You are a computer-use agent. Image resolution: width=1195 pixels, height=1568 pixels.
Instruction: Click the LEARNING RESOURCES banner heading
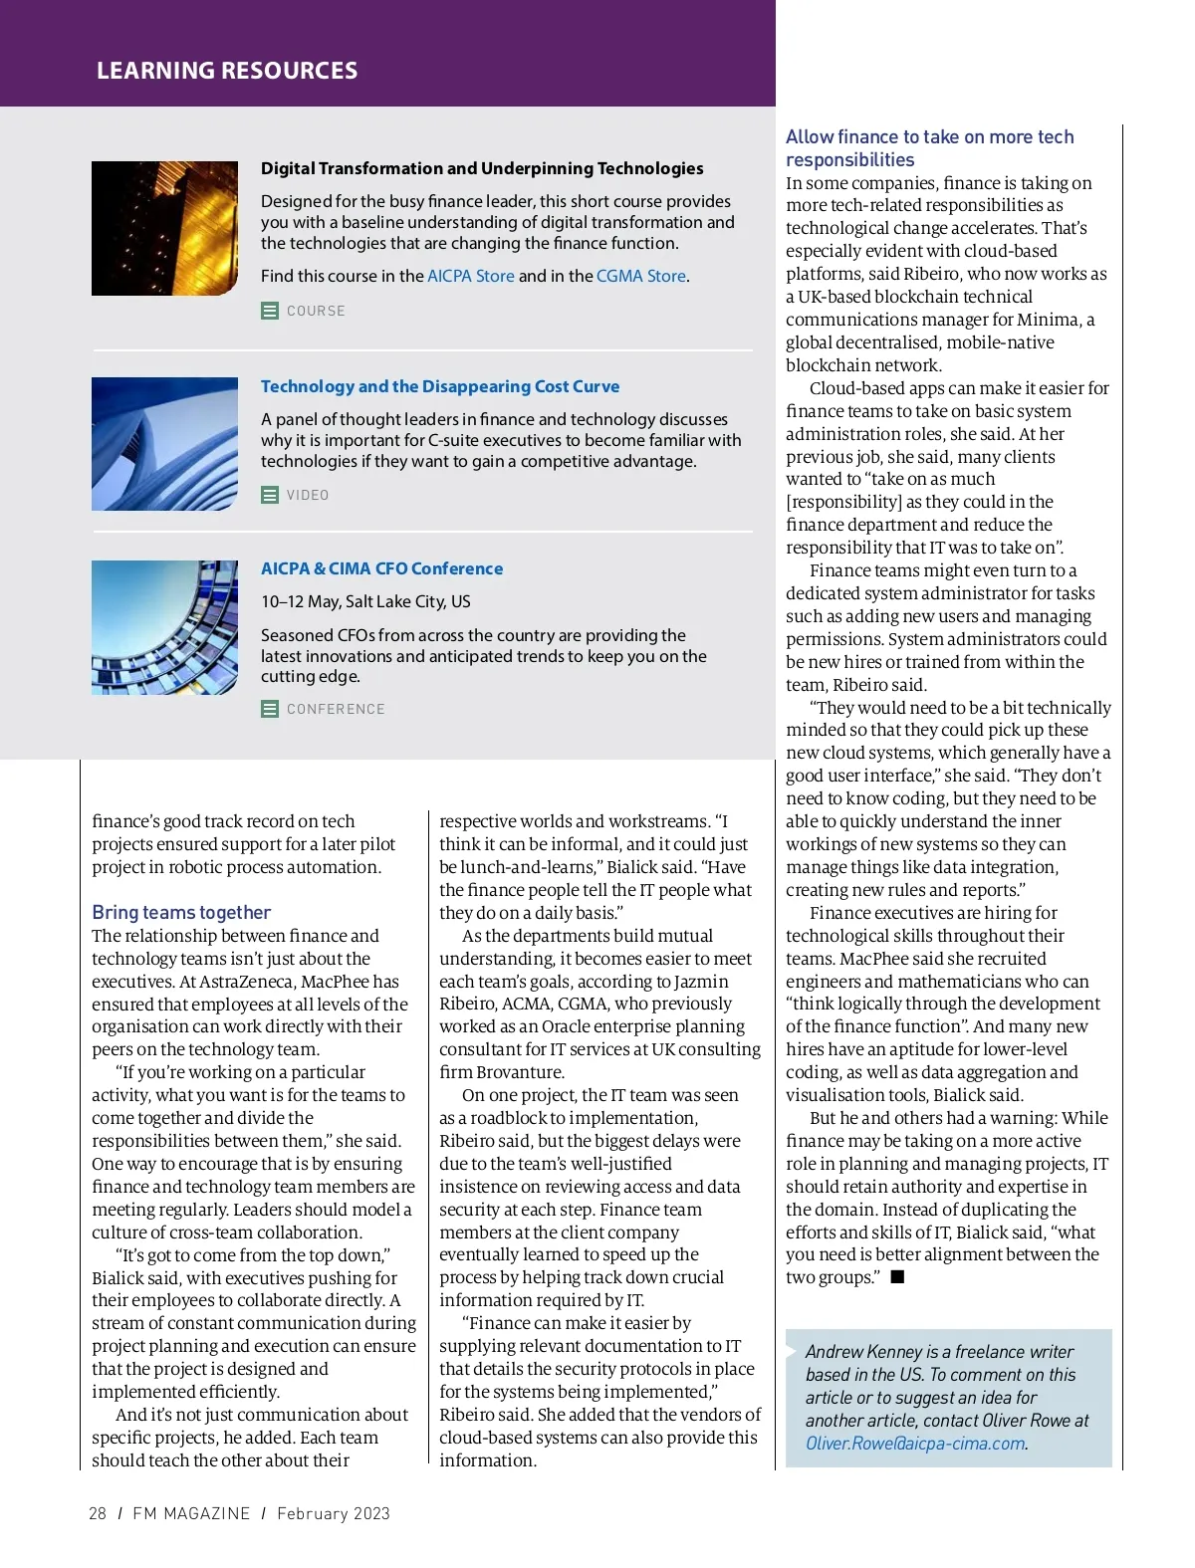227,71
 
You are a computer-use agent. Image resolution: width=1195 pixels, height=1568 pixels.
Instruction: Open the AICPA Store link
471,276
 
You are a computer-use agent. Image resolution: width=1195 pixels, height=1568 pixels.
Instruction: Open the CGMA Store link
641,276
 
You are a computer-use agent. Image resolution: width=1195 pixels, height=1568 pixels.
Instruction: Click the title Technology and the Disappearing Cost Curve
440,386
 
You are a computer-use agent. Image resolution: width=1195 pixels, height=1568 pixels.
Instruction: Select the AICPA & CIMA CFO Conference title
381,568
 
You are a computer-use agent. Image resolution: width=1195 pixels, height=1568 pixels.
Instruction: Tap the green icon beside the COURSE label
270,311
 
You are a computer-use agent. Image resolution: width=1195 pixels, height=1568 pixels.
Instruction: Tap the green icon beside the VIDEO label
270,495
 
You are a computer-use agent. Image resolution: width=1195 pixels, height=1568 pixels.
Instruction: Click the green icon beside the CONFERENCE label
270,709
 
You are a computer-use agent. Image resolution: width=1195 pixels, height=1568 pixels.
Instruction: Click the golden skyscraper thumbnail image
164,228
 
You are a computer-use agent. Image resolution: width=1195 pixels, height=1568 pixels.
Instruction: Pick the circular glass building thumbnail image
164,627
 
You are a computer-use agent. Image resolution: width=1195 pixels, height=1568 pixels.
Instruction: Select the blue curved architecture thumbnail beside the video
164,444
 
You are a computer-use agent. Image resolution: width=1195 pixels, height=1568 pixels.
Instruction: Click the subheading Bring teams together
181,912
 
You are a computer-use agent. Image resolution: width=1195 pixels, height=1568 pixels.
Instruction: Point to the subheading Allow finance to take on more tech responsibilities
929,148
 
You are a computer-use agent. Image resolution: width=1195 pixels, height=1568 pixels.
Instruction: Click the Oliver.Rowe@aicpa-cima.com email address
915,1444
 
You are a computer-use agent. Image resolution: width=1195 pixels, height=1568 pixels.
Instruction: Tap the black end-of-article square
897,1277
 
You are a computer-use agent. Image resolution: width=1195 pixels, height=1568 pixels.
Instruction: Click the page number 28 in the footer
98,1513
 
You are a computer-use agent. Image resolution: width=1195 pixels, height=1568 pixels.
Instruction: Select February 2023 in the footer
334,1513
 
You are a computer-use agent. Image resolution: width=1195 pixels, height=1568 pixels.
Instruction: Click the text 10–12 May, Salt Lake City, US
365,601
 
